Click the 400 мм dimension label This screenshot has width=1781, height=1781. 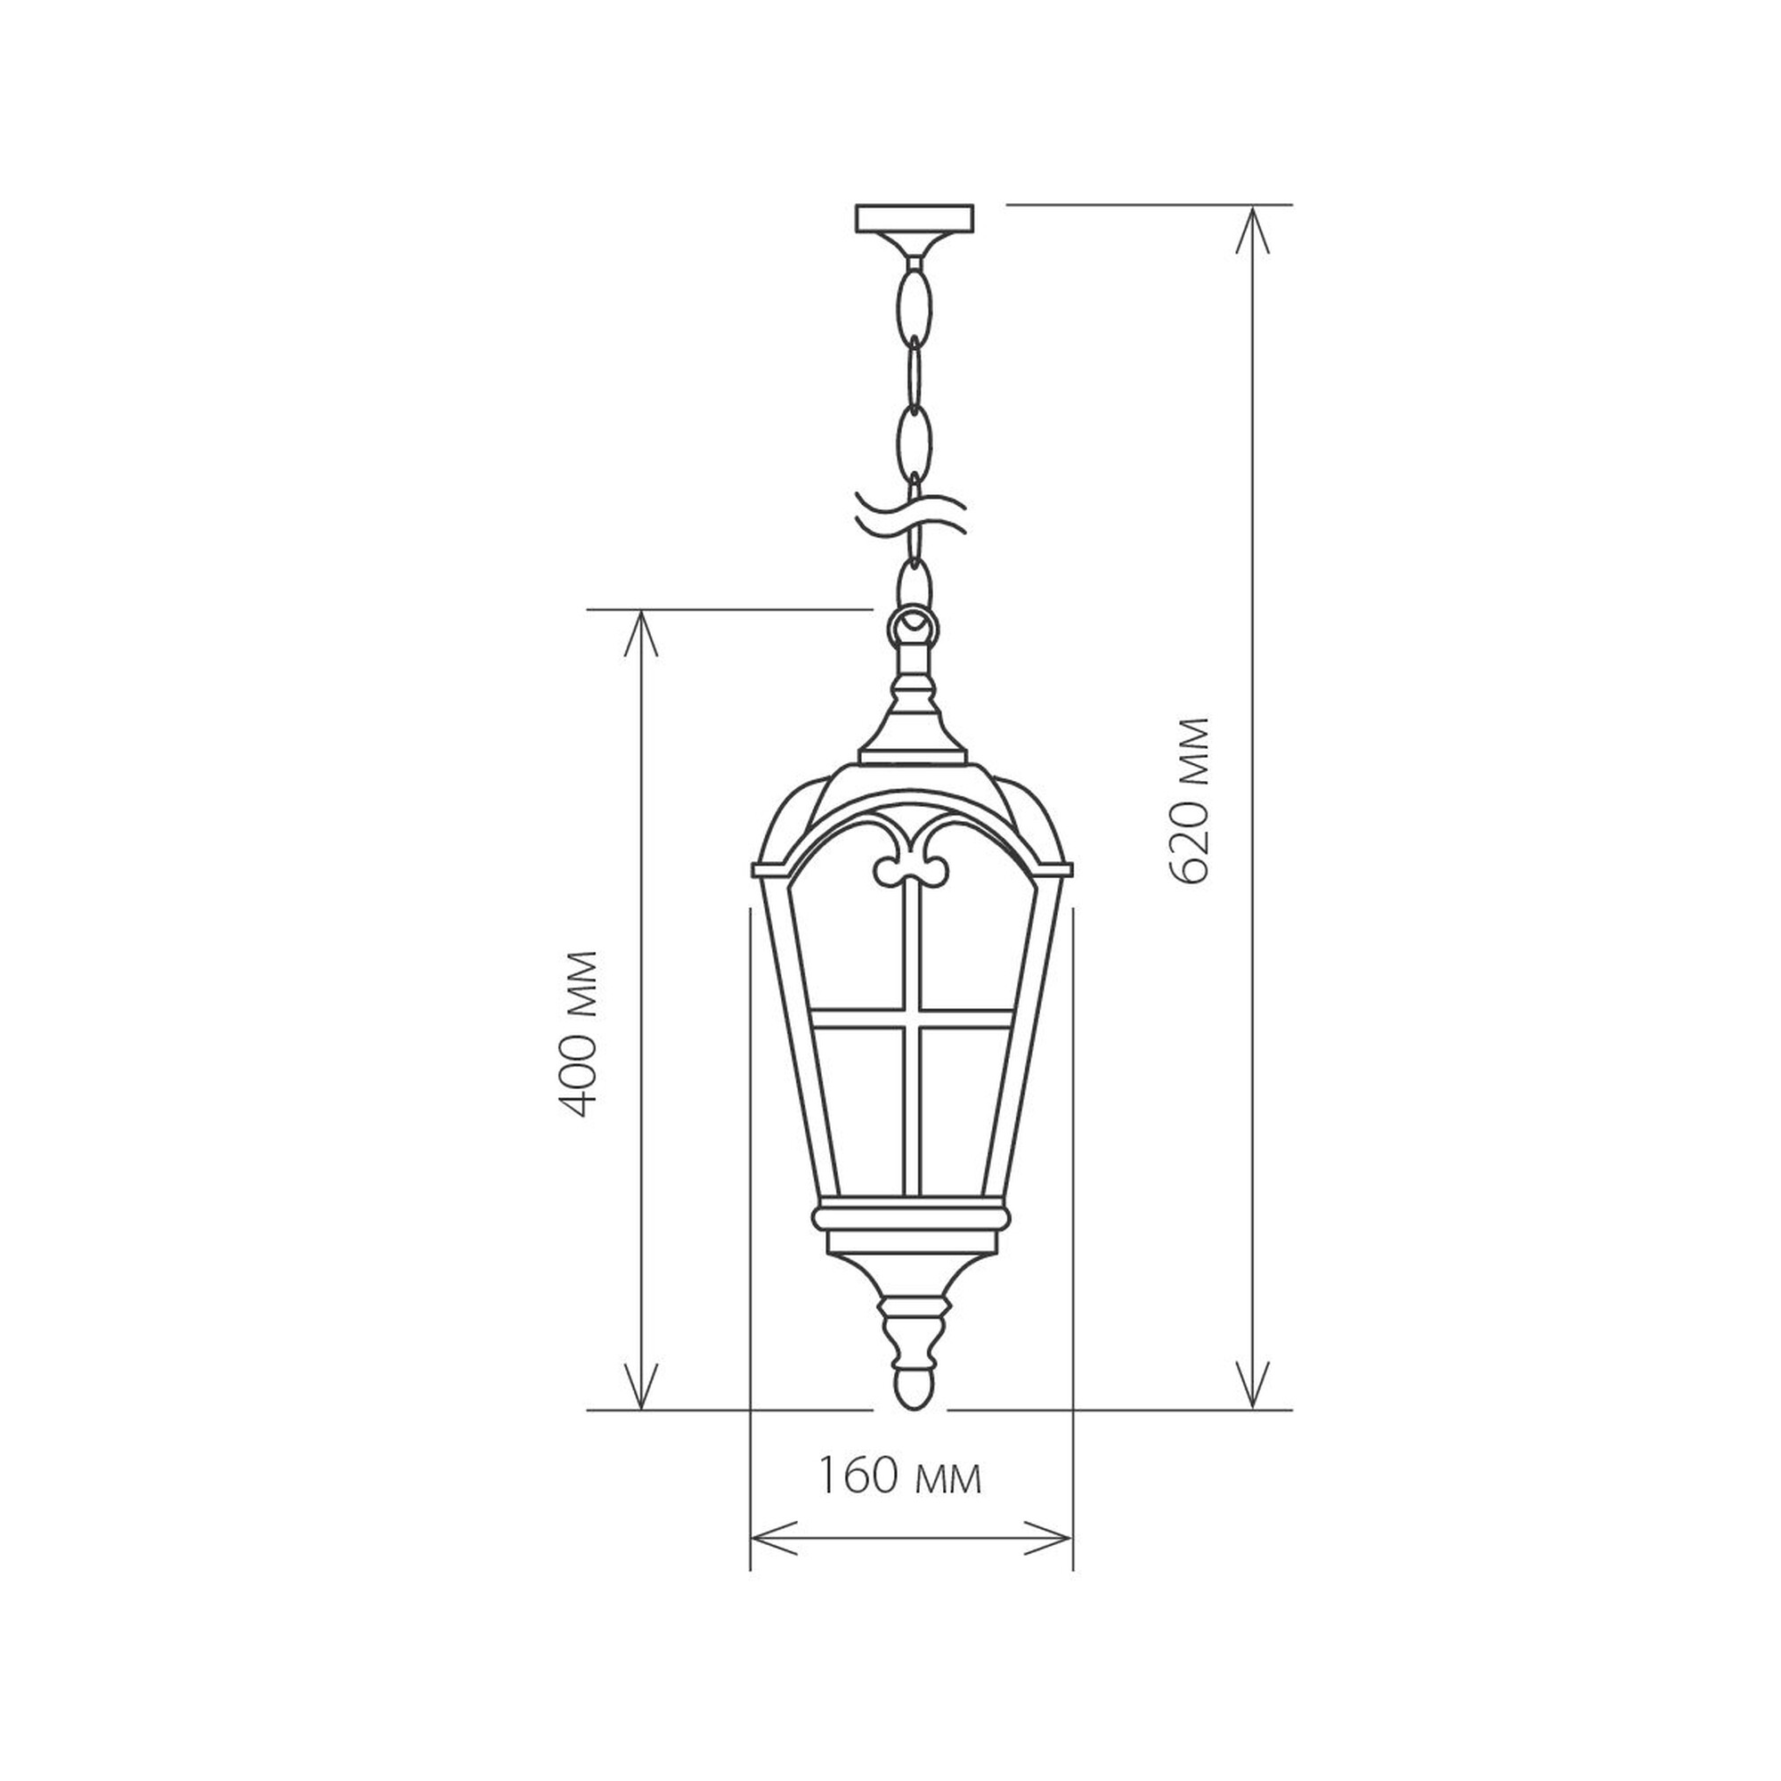click(x=581, y=1033)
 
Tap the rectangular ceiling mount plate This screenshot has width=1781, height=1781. click(x=915, y=218)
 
